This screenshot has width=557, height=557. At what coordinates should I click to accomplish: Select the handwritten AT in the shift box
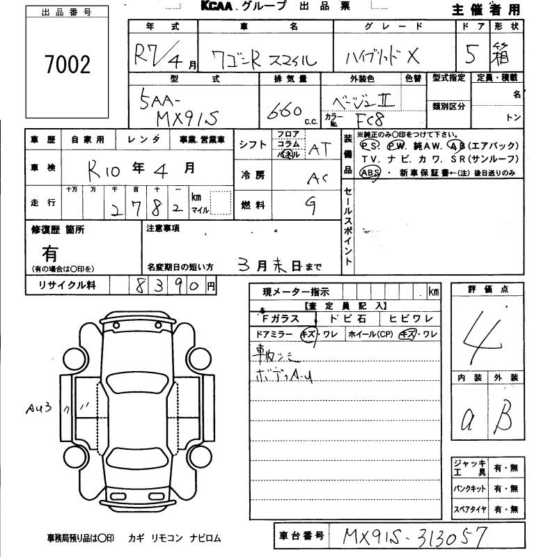pyautogui.click(x=320, y=148)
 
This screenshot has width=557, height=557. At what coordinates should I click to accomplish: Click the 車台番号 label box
pyautogui.click(x=301, y=535)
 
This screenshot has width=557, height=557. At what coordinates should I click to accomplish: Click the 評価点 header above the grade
pyautogui.click(x=487, y=288)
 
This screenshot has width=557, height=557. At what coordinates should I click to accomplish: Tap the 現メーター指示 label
pyautogui.click(x=296, y=292)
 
